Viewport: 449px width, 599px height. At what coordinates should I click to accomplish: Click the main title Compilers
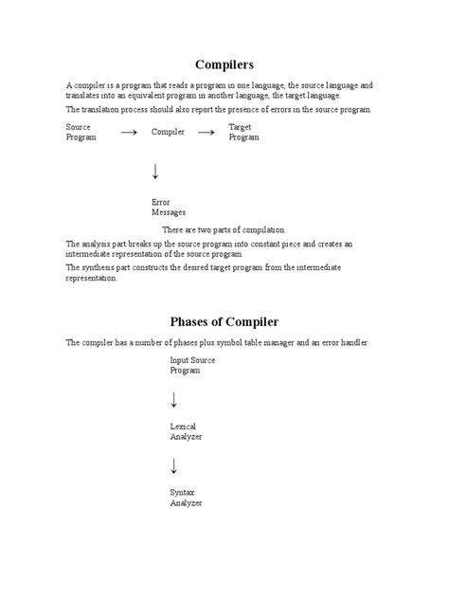click(x=224, y=64)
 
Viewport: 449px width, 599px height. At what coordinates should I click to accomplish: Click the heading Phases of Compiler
click(x=224, y=321)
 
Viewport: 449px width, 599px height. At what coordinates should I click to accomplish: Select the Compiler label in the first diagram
click(x=168, y=132)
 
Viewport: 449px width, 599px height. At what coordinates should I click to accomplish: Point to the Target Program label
click(x=243, y=132)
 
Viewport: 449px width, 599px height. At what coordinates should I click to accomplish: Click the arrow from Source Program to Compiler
click(x=129, y=133)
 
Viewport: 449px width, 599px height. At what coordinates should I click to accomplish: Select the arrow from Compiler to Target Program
click(x=206, y=133)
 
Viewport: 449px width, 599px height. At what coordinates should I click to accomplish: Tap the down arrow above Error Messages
click(x=155, y=172)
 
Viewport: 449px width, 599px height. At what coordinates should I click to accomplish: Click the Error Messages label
click(x=169, y=207)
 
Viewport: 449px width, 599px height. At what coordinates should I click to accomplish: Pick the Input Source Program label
click(x=193, y=365)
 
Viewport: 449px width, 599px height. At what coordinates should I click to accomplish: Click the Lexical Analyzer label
click(x=186, y=431)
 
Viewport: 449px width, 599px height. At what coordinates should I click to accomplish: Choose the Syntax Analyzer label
click(x=186, y=498)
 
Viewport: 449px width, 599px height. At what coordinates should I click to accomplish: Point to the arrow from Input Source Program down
click(x=174, y=399)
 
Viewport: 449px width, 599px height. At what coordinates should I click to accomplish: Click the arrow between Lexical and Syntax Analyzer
click(x=174, y=465)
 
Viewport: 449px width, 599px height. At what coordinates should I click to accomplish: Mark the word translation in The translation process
click(x=103, y=109)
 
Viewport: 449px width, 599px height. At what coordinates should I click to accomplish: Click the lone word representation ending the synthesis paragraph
click(x=92, y=279)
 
